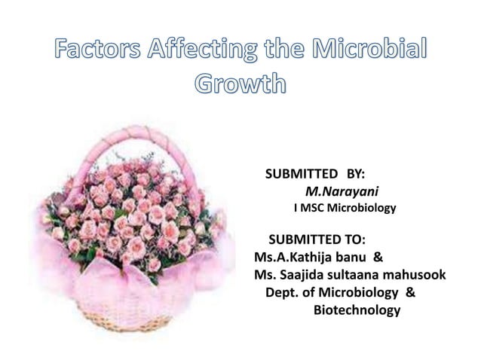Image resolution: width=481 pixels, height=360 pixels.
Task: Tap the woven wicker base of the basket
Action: point(128,316)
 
